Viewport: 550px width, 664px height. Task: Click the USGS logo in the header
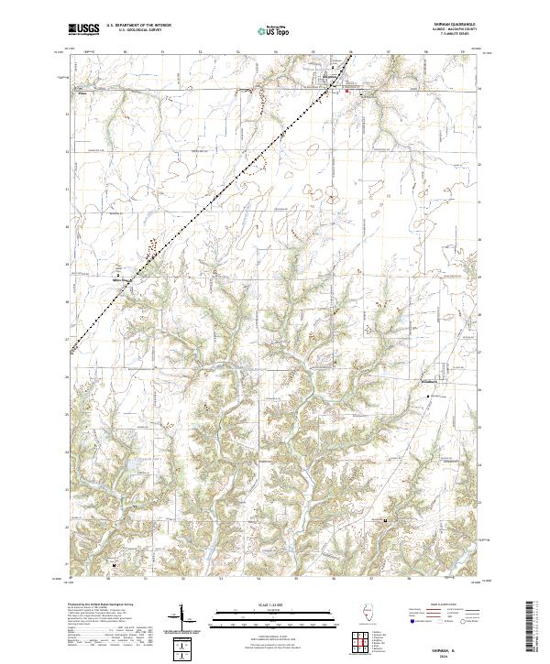(x=83, y=30)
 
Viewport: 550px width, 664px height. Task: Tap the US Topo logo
(x=267, y=31)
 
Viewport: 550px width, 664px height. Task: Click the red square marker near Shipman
(x=347, y=91)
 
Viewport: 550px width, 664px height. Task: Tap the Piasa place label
(x=82, y=92)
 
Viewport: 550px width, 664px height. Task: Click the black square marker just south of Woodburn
(x=431, y=395)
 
